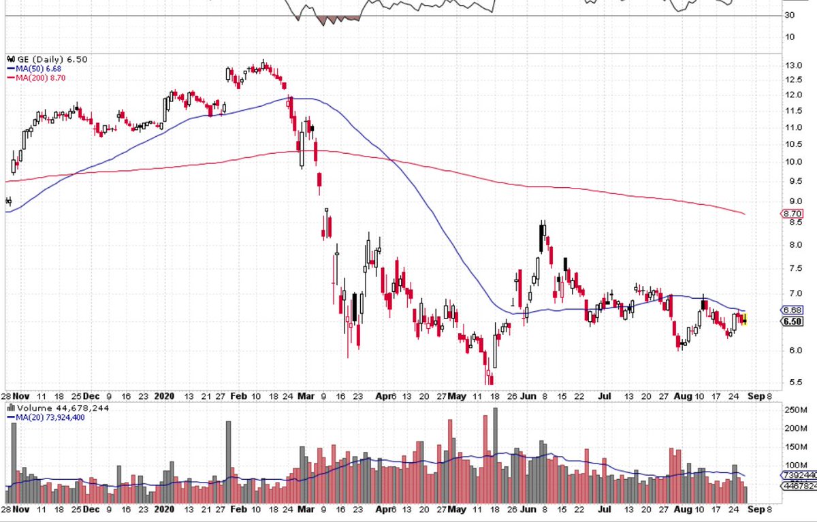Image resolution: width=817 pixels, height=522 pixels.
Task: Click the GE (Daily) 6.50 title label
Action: (40, 60)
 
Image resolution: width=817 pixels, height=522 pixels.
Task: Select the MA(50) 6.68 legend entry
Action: (33, 69)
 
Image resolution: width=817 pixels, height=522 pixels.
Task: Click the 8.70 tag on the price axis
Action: (791, 214)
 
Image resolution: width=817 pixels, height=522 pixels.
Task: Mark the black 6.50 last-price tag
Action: (792, 321)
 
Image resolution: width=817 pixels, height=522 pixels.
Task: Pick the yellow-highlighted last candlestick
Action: (745, 320)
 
